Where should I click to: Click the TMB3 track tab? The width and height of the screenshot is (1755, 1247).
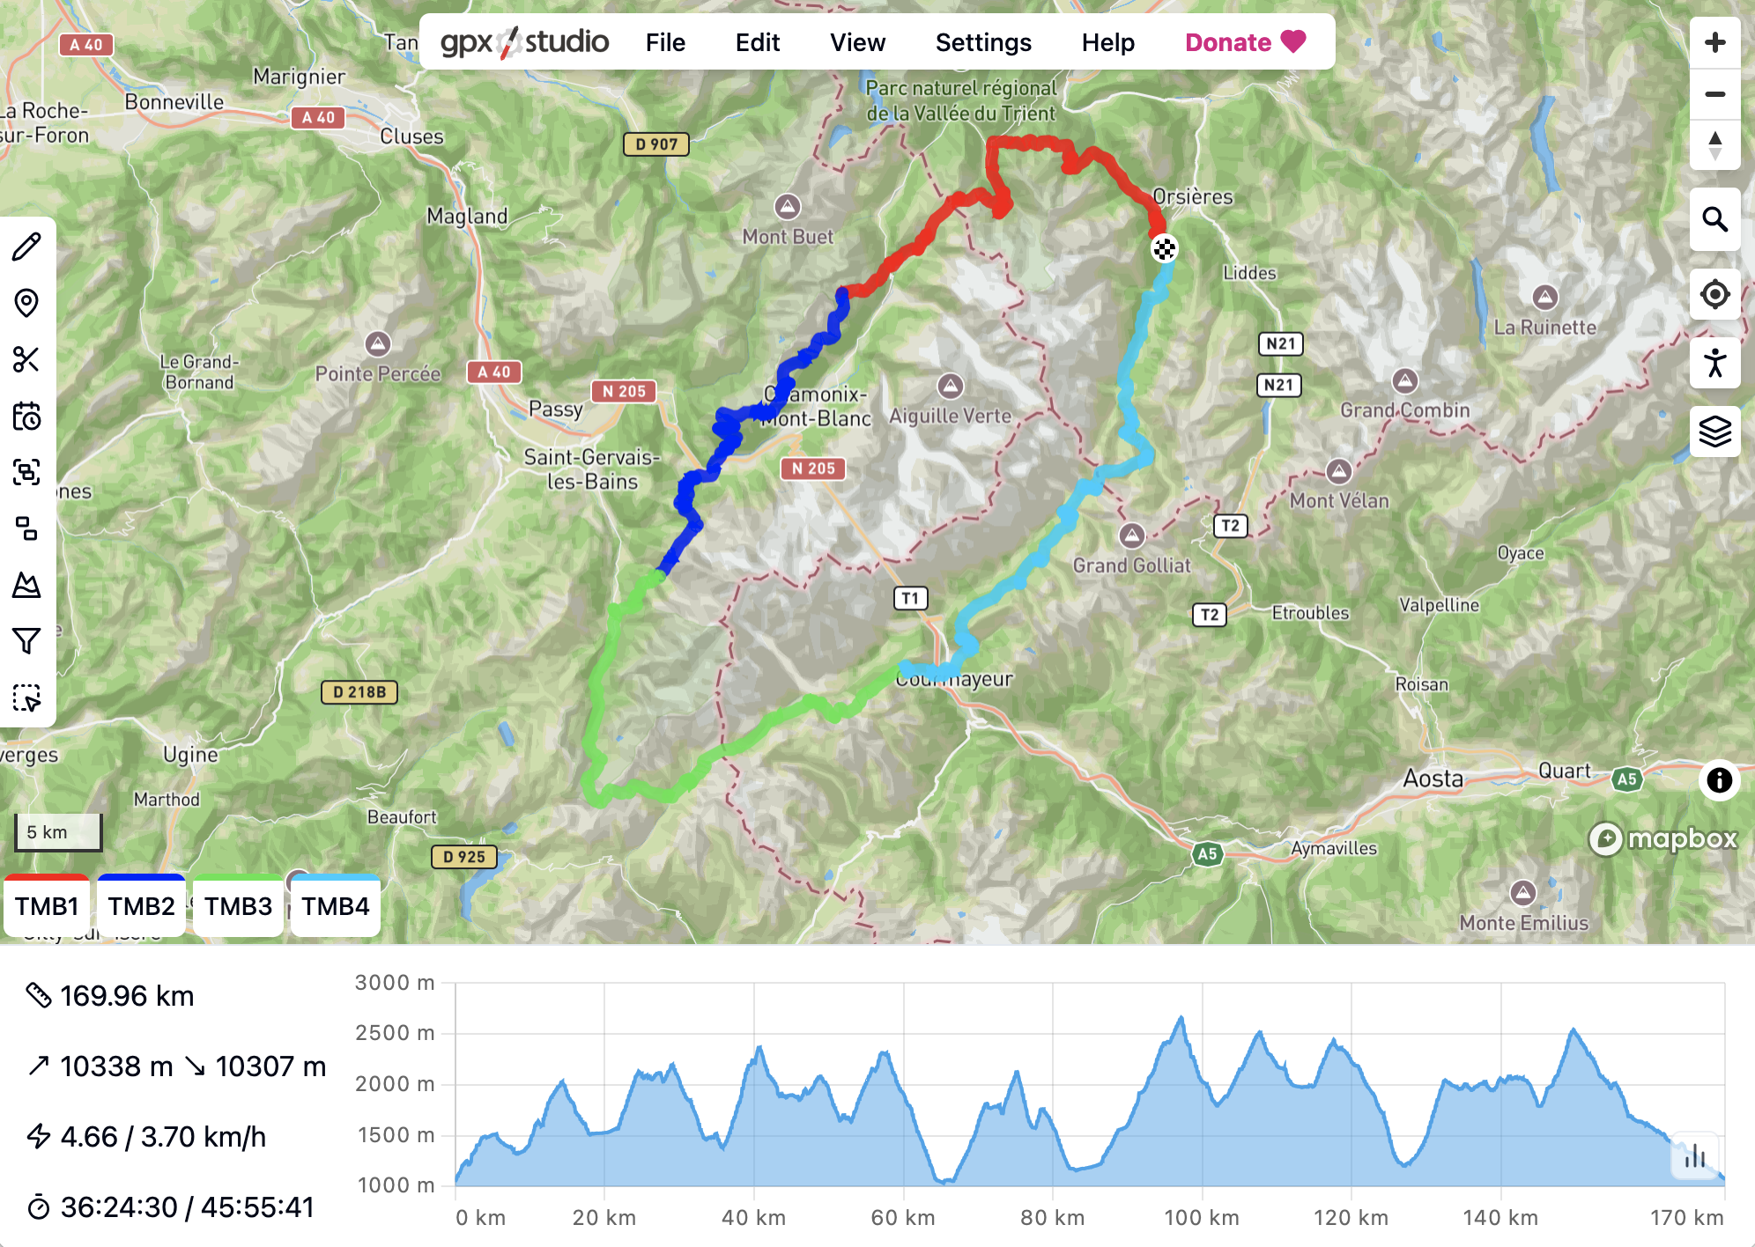pos(238,906)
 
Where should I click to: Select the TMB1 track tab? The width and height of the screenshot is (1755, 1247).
pos(47,906)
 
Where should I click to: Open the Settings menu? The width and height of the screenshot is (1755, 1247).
pos(983,42)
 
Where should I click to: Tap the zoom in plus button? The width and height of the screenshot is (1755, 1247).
pos(1714,42)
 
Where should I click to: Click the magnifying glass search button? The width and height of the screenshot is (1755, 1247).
pos(1714,219)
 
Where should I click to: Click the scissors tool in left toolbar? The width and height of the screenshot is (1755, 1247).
pos(26,359)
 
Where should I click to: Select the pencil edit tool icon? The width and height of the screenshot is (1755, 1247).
pos(26,247)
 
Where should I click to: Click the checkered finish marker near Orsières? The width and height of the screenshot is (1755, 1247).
pos(1164,249)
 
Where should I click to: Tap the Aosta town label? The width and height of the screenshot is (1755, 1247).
pos(1433,778)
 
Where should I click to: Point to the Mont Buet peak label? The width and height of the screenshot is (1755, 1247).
pos(788,236)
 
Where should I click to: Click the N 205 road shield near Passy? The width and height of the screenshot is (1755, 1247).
pos(624,391)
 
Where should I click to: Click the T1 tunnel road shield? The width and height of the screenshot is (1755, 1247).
pos(910,599)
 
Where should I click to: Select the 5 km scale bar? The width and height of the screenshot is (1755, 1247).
pos(58,832)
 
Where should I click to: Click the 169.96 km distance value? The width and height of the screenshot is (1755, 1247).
pos(127,996)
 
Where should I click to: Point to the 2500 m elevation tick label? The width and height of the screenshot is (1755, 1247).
pos(395,1033)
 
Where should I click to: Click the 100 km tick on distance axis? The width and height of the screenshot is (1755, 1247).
pos(1201,1218)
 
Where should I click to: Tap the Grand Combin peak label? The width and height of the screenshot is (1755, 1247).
pos(1404,410)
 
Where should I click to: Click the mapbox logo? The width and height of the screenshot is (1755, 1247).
pos(1663,838)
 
